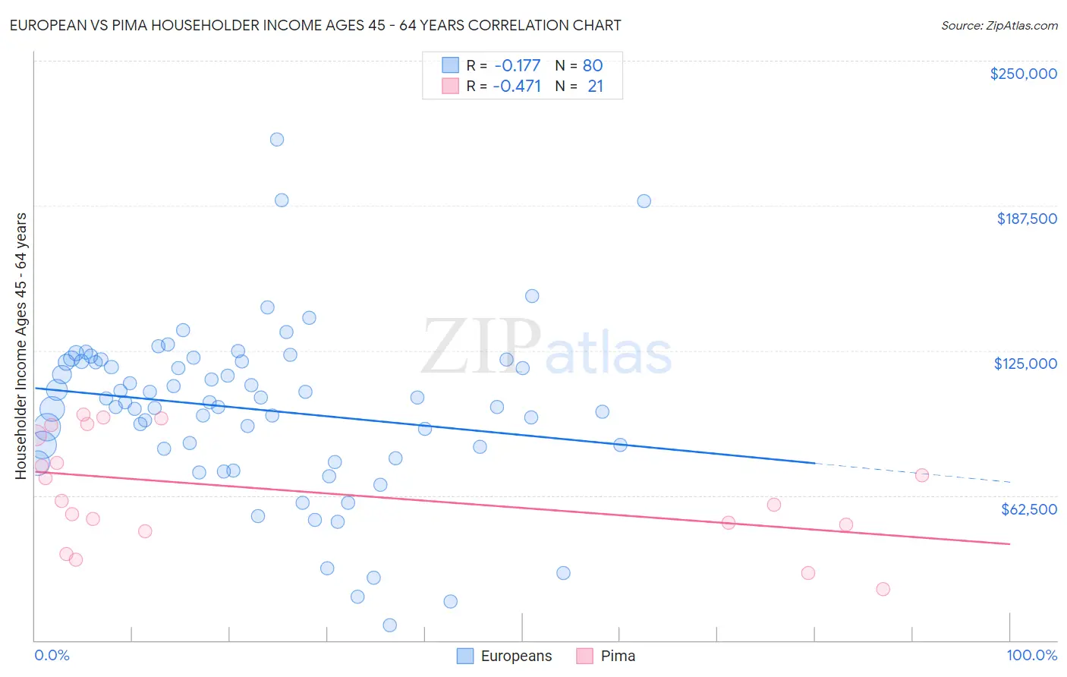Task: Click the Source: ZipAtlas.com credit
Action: click(999, 26)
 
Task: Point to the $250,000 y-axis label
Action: click(1023, 74)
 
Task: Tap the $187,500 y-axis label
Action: click(1026, 219)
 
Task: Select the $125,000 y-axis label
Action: click(1025, 364)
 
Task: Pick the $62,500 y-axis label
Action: click(1028, 509)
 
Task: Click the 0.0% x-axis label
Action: click(52, 655)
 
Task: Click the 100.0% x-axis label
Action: click(1031, 655)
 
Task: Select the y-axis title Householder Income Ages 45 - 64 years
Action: click(21, 346)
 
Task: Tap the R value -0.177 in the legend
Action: click(517, 66)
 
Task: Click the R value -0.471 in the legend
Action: click(517, 86)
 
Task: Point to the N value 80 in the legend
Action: click(593, 66)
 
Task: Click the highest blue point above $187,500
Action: click(277, 140)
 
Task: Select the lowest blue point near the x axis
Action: click(390, 625)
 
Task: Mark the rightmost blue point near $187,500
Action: click(644, 201)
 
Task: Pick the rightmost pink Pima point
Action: click(922, 476)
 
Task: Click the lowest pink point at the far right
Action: click(883, 590)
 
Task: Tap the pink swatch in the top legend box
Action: click(451, 86)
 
